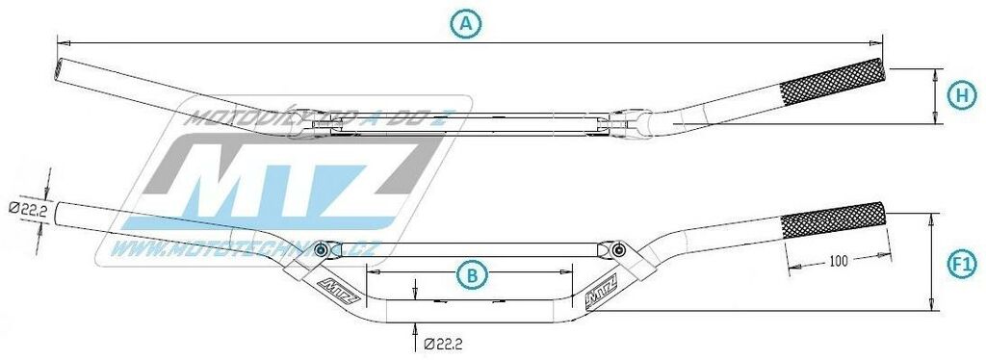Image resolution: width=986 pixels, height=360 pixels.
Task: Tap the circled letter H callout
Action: click(960, 94)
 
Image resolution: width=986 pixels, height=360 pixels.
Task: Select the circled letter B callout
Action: click(471, 275)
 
